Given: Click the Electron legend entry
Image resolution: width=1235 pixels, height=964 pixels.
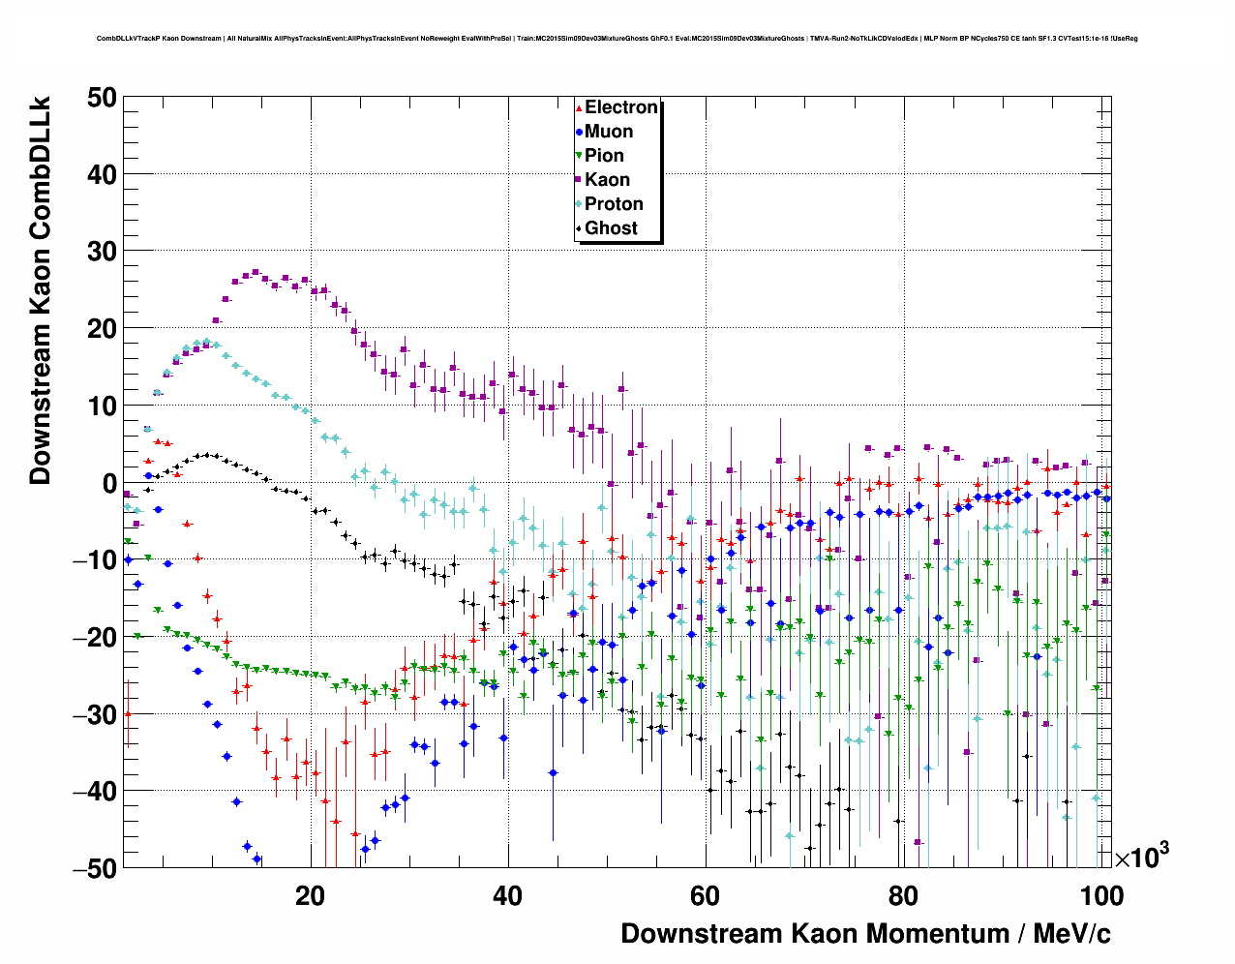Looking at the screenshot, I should [x=620, y=107].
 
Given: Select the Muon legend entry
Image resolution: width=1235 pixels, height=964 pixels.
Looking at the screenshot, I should [x=608, y=132].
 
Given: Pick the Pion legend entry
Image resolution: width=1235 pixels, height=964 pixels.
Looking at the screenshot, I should [x=604, y=156].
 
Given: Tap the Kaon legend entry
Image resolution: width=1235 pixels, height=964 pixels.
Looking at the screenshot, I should [x=607, y=180].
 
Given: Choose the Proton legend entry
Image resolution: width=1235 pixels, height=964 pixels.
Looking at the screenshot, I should [x=614, y=204].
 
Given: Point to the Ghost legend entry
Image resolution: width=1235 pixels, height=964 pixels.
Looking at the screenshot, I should [x=611, y=228].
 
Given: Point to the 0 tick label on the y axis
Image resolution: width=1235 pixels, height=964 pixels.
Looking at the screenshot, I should [x=108, y=483].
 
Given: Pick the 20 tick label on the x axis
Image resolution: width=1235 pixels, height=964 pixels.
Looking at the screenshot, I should [x=310, y=895].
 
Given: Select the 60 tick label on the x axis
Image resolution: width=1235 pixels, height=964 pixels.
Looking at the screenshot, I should [x=705, y=895].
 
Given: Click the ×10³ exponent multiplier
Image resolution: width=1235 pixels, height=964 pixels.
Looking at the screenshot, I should [x=1141, y=857].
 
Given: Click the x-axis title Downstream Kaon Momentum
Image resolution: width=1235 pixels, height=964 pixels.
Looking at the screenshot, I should [x=865, y=933].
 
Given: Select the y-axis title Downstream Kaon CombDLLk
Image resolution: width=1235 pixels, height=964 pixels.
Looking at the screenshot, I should [x=40, y=289].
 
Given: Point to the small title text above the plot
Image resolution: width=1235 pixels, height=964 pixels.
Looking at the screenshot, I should [x=617, y=39].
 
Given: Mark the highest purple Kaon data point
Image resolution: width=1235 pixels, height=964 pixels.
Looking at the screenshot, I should [x=256, y=273].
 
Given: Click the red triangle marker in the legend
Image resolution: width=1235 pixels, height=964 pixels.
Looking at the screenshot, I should [x=579, y=107].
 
